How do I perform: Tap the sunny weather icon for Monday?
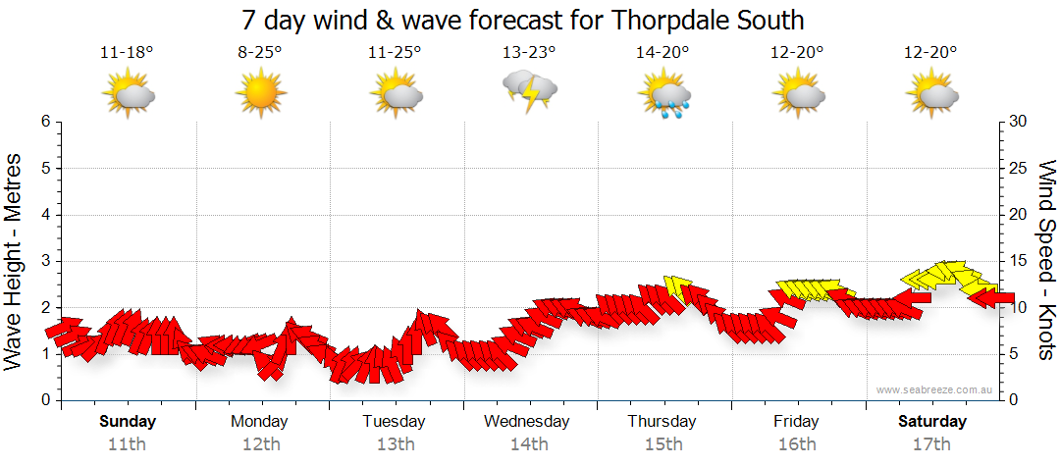260,94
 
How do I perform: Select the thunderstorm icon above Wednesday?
530,91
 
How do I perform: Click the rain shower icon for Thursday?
664,95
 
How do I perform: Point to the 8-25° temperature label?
260,53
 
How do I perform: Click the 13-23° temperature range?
530,53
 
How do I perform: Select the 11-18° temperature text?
127,53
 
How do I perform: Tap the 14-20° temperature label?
663,53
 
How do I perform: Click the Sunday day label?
127,422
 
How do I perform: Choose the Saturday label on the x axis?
932,422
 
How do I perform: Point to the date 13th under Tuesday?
395,443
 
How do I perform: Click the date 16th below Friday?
797,443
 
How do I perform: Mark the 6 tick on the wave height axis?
44,122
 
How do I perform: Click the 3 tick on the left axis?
44,261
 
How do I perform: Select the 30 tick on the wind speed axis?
1019,122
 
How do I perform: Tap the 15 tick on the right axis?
1019,261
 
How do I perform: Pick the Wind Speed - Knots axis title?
1046,260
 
